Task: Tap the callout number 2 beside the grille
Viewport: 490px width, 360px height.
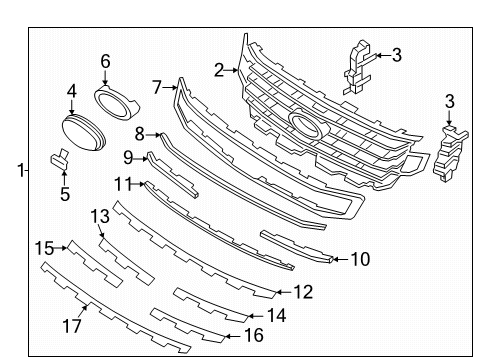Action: (x=219, y=69)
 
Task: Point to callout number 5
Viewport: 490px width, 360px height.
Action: (x=64, y=194)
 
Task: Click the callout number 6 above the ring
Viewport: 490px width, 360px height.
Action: (x=105, y=61)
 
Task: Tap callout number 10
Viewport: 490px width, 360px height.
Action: (x=360, y=259)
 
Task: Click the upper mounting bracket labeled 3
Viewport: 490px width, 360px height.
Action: (x=357, y=64)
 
